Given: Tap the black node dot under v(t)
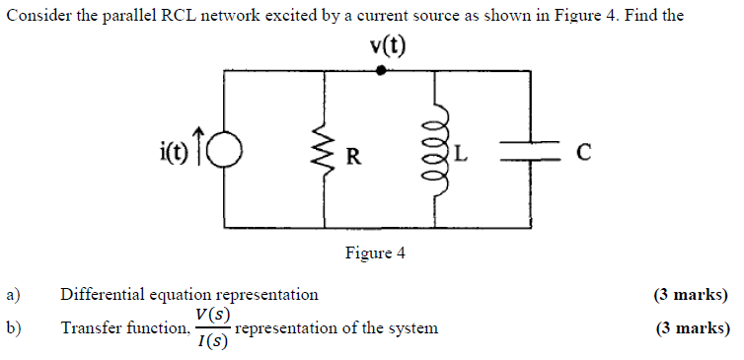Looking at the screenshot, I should (382, 71).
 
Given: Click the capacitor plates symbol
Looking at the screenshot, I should (534, 150).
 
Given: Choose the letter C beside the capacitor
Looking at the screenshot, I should (583, 152).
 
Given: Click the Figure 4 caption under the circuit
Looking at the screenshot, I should (375, 253).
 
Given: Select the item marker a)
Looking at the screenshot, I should (14, 294).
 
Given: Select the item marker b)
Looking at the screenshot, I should (14, 327).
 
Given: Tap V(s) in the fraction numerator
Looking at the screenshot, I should (212, 315).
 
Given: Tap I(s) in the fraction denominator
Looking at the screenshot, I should (212, 342).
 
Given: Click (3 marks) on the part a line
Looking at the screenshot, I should (691, 294).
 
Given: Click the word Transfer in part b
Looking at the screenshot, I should (92, 327).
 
